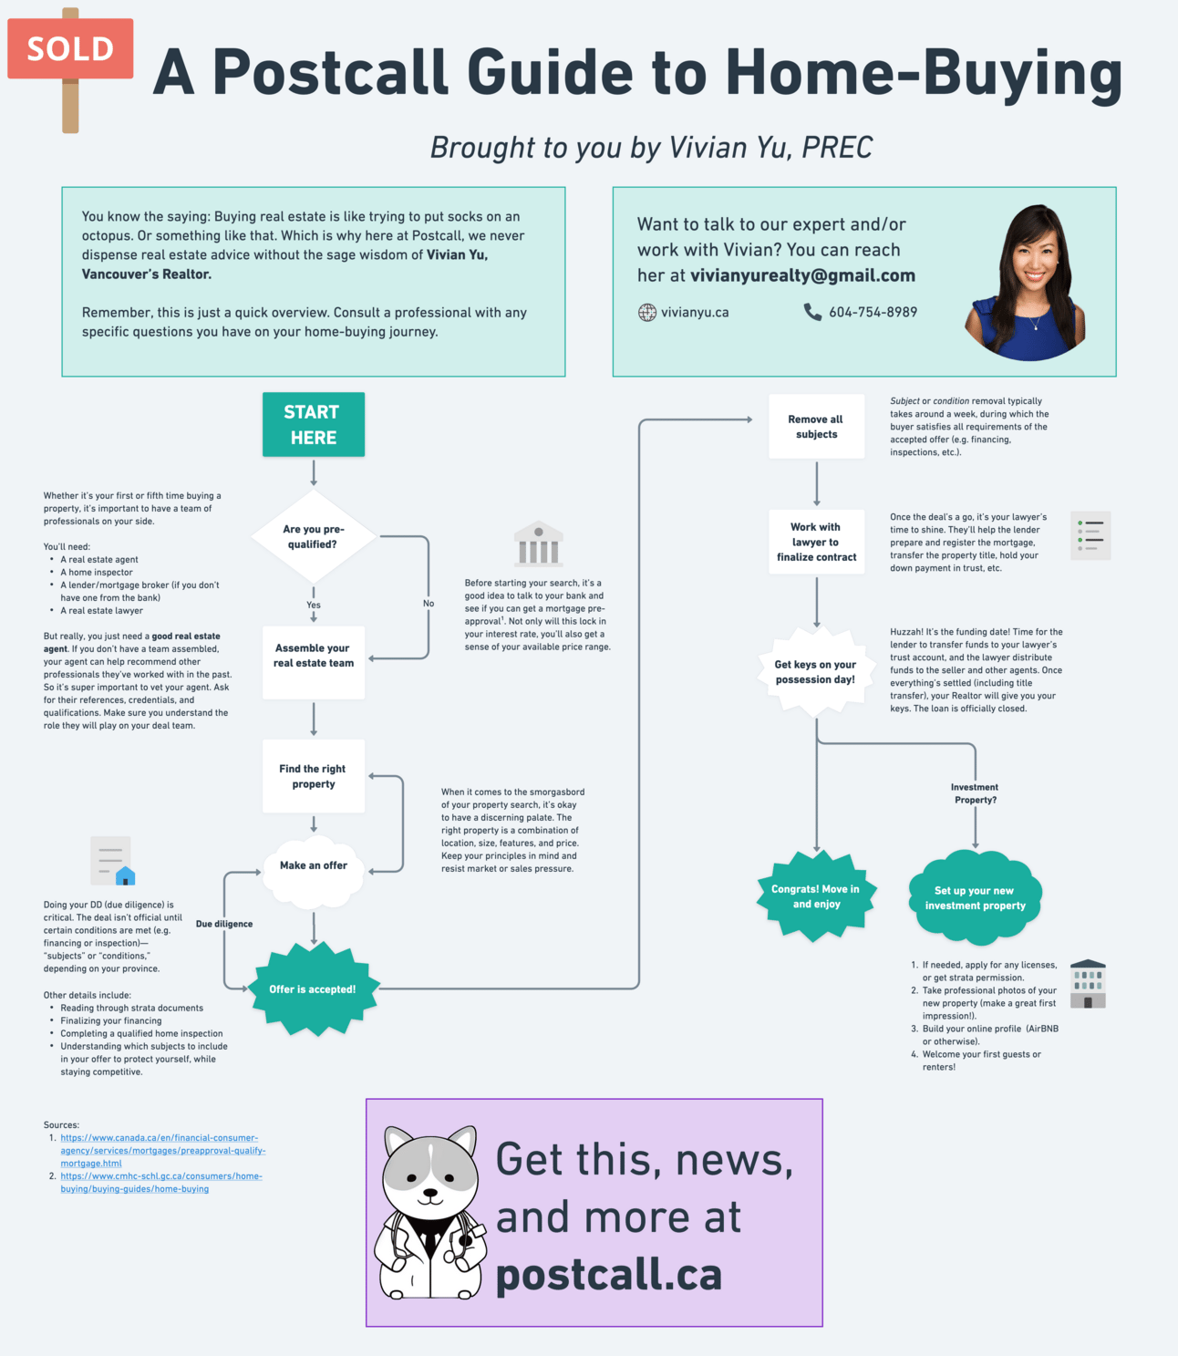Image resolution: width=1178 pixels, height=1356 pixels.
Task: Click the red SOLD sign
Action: click(x=70, y=48)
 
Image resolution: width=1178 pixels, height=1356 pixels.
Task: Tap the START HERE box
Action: click(x=313, y=425)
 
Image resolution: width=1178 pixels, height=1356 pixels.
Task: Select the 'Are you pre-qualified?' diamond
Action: click(x=313, y=537)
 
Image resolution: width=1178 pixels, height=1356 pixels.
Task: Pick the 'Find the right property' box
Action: click(x=313, y=776)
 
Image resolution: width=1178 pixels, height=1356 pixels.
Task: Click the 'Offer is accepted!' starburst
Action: click(x=313, y=989)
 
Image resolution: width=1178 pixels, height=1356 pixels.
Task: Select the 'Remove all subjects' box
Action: click(x=816, y=427)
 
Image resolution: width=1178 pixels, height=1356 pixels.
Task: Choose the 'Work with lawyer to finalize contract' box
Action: click(x=816, y=543)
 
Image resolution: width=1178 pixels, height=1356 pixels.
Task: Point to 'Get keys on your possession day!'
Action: click(x=815, y=672)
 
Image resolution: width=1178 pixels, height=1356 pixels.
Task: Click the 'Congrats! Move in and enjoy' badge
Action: click(x=815, y=896)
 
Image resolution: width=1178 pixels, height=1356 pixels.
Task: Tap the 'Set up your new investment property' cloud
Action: click(x=975, y=898)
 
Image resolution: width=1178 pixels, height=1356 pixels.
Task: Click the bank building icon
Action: click(x=538, y=544)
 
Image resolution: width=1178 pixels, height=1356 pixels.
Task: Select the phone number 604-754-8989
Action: click(x=873, y=312)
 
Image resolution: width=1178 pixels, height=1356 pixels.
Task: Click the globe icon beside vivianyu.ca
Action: click(x=647, y=313)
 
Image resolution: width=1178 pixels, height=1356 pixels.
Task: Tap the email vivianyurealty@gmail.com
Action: click(x=802, y=275)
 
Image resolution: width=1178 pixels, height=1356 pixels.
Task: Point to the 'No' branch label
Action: click(x=429, y=604)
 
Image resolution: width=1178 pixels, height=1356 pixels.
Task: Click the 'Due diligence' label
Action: click(x=224, y=924)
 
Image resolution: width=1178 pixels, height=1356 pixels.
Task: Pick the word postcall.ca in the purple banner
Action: click(x=608, y=1274)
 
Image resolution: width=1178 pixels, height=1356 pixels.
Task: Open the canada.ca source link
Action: click(x=162, y=1150)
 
